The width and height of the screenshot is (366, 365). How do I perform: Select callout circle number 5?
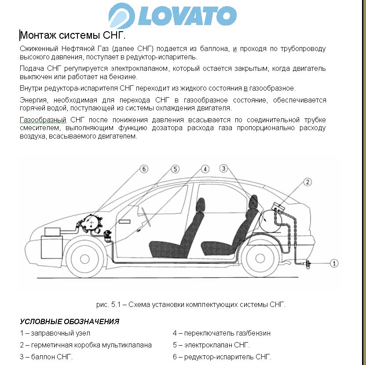click(x=175, y=168)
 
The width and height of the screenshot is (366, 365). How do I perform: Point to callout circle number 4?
click(x=205, y=168)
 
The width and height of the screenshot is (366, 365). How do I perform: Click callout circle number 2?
click(x=308, y=182)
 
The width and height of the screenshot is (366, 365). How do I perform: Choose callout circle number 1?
click(x=334, y=263)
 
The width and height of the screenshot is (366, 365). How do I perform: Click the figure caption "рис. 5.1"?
click(x=191, y=304)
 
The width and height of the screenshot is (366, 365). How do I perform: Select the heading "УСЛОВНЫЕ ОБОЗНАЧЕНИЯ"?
click(x=70, y=322)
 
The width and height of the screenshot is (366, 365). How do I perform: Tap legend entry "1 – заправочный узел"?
click(x=55, y=333)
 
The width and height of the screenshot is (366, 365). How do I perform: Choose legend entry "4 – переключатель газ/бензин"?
click(x=221, y=333)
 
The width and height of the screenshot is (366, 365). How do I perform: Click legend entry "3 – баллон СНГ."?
click(x=46, y=357)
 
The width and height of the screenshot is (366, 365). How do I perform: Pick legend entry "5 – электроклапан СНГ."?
click(x=211, y=345)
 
